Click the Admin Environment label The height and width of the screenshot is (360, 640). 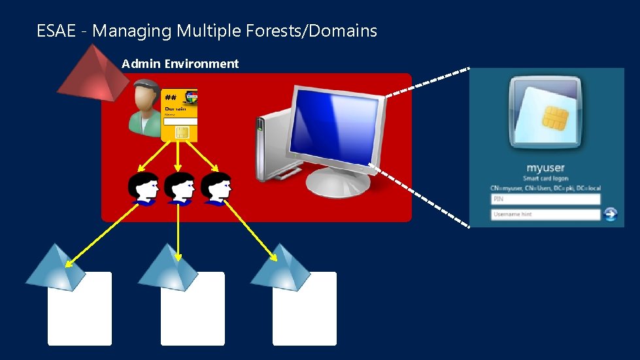[180, 64]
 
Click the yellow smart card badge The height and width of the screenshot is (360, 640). [178, 115]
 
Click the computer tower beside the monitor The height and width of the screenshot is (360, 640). [269, 148]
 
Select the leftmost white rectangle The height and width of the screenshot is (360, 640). [80, 309]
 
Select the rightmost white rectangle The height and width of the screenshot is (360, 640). [305, 309]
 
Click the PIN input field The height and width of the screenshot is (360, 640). [545, 199]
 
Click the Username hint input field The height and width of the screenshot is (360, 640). [545, 214]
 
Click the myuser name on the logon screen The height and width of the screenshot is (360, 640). [545, 169]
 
